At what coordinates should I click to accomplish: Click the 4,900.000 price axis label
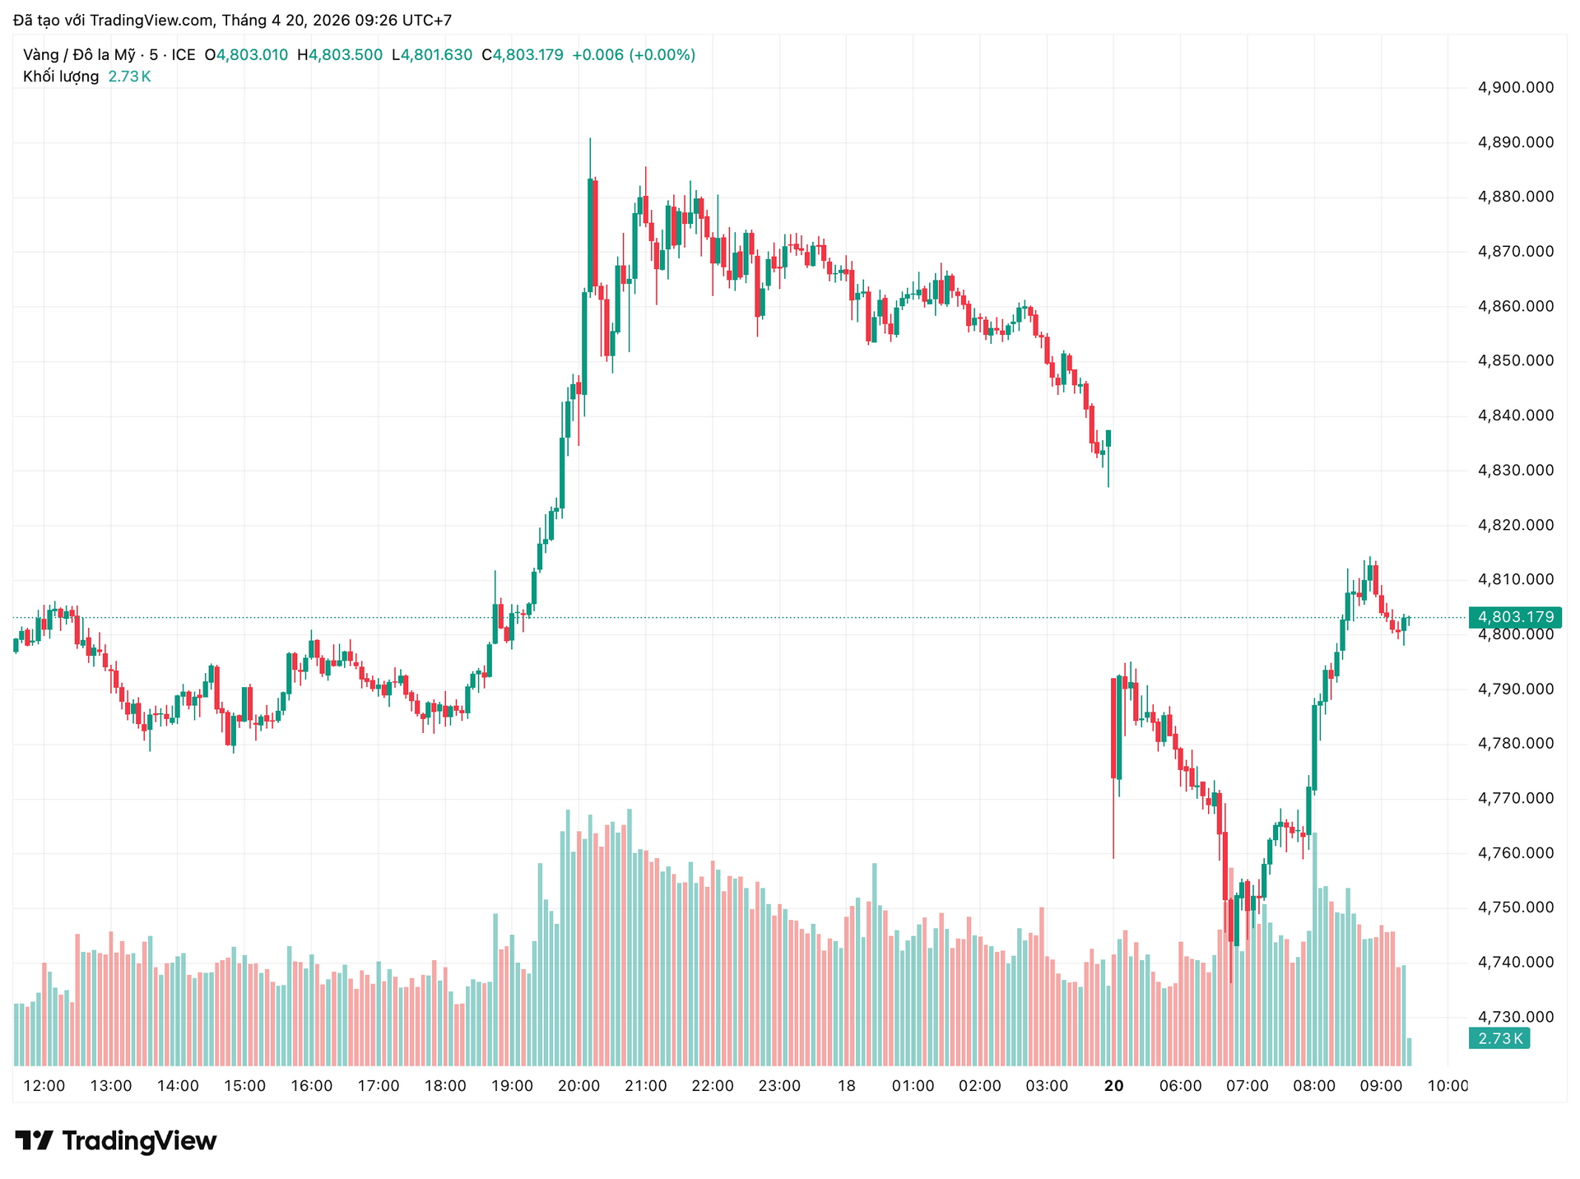[1516, 87]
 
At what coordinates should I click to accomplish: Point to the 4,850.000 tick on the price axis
[1516, 361]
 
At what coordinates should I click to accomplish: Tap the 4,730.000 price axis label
[1516, 1017]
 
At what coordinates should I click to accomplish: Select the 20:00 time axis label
[579, 1086]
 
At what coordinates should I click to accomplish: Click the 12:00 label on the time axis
[44, 1086]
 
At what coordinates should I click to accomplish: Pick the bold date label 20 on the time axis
[1113, 1086]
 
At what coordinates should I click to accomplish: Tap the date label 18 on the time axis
[846, 1086]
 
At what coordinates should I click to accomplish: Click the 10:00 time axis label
[1448, 1086]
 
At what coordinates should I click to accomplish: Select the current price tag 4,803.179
[1515, 617]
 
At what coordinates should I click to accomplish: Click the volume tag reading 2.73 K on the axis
[1499, 1038]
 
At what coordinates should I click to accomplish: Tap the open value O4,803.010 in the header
[246, 55]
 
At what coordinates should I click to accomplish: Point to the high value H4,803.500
[339, 55]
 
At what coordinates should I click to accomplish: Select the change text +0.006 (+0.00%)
[633, 55]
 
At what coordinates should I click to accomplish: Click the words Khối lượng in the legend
[61, 77]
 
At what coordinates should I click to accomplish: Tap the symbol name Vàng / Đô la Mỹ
[79, 55]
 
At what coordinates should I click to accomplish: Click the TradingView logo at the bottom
[116, 1140]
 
